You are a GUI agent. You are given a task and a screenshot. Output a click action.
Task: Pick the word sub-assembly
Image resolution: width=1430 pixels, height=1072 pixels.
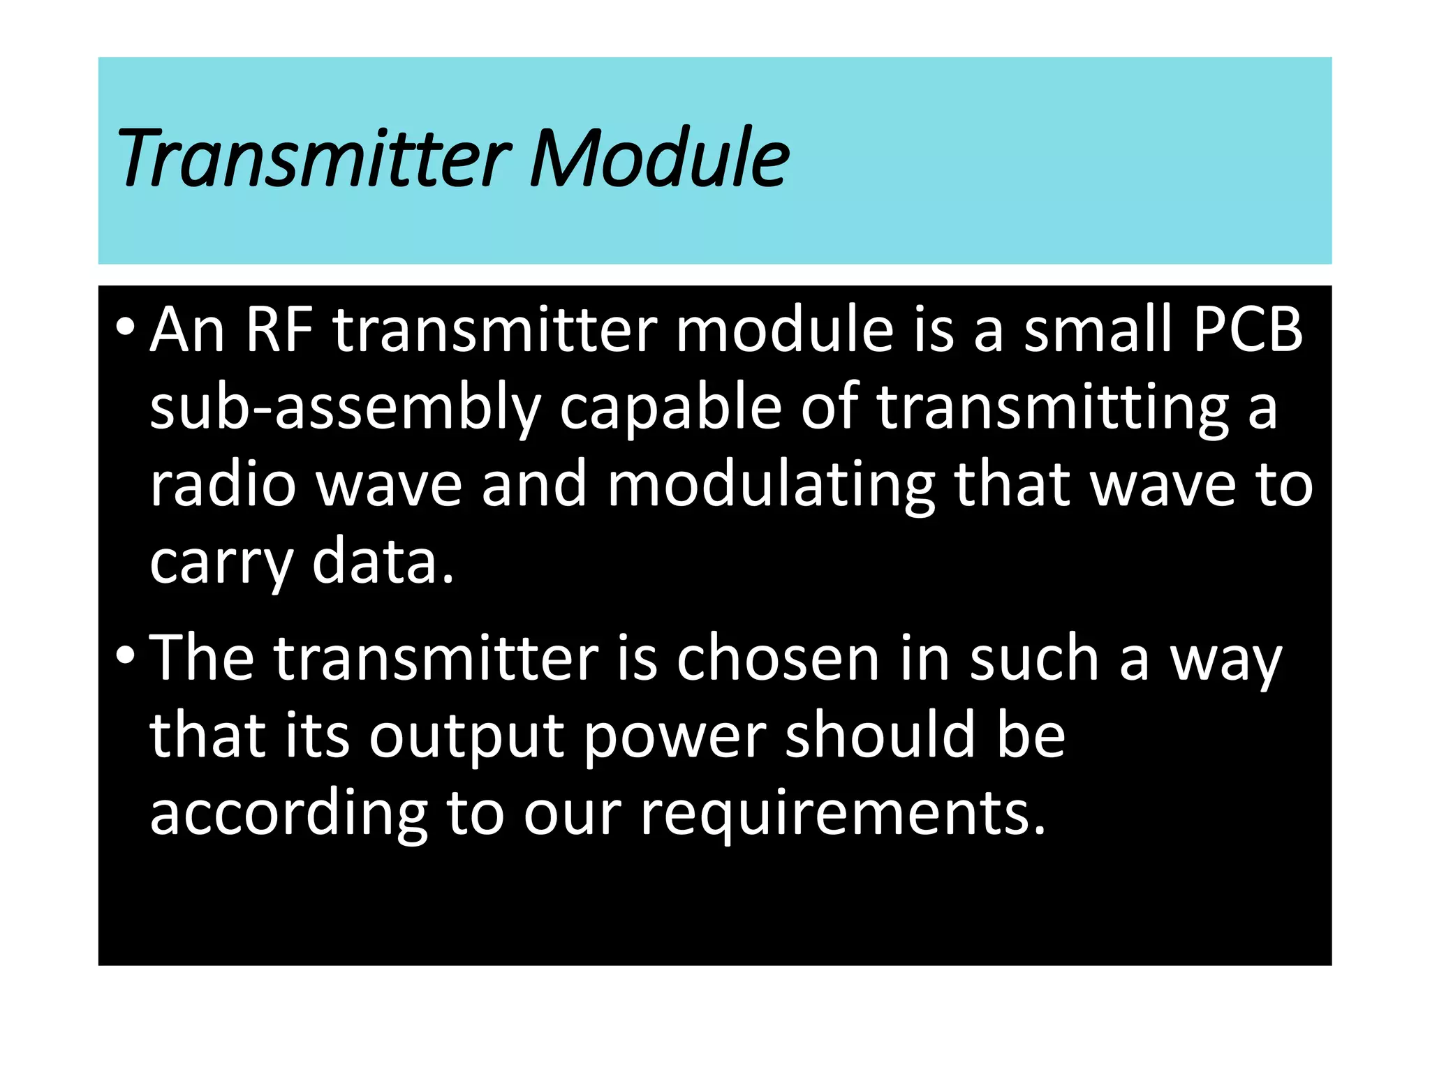[345, 409]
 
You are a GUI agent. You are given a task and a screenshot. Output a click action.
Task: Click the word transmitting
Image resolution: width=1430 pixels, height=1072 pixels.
[1053, 409]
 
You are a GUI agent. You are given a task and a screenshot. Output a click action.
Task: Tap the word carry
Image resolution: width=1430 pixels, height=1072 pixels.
[221, 564]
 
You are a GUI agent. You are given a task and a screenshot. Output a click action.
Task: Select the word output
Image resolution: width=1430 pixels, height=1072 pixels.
[466, 737]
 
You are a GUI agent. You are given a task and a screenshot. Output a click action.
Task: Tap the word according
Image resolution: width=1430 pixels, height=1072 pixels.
[288, 815]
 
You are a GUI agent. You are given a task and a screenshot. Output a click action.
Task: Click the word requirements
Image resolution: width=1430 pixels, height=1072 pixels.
[843, 814]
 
